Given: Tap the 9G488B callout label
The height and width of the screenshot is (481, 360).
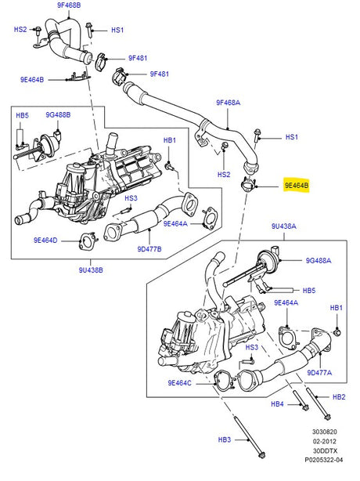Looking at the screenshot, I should pyautogui.click(x=57, y=115).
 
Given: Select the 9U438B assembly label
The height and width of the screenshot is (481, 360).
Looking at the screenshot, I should pyautogui.click(x=93, y=270).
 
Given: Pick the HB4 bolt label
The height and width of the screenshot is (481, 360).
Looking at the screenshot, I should pyautogui.click(x=277, y=404).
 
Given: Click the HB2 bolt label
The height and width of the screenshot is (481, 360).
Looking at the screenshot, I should pyautogui.click(x=338, y=397).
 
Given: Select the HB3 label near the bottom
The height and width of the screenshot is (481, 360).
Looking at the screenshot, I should pyautogui.click(x=225, y=440).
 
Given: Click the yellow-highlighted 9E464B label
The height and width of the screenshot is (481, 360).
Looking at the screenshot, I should pyautogui.click(x=297, y=186).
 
